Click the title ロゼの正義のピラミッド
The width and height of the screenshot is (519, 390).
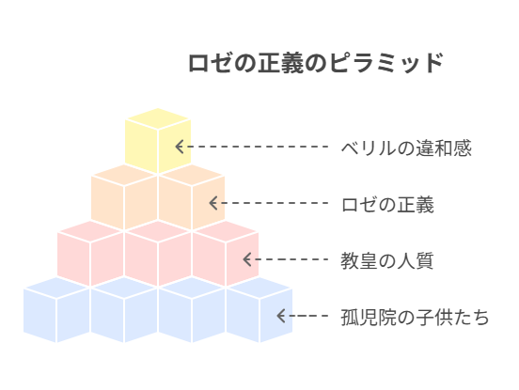[316, 63]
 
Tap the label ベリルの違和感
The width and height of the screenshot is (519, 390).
[406, 148]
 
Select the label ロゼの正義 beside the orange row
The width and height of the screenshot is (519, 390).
[387, 204]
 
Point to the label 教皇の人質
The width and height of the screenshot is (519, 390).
[387, 260]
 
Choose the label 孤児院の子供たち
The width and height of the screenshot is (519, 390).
[415, 317]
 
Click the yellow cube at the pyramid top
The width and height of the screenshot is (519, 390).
[158, 141]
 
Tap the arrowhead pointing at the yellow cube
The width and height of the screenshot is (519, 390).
[180, 147]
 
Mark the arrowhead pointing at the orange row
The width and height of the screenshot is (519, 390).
[213, 203]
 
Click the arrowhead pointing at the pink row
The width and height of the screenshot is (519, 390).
[247, 259]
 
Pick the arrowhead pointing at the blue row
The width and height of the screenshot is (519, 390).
[281, 316]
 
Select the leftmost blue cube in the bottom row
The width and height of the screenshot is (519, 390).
[56, 309]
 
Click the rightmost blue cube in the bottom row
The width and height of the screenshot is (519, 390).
[259, 309]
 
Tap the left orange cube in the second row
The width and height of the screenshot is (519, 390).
[124, 196]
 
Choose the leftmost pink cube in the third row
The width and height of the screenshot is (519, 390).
[90, 254]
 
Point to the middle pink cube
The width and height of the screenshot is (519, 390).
[158, 254]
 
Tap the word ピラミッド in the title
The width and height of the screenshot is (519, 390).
[386, 63]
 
